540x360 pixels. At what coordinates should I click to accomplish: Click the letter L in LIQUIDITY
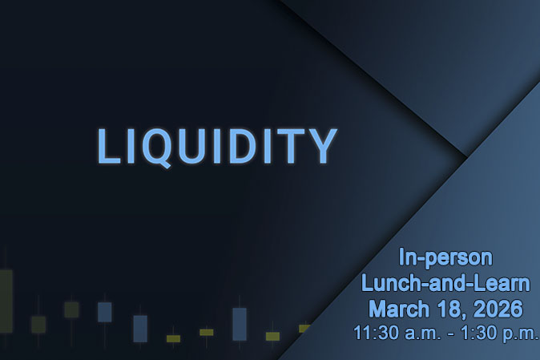point(108,146)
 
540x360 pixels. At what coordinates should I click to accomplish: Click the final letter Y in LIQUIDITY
point(323,146)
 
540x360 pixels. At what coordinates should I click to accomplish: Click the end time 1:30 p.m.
point(501,331)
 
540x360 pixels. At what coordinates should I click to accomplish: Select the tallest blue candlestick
point(239,324)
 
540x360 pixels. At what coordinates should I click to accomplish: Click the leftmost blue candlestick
point(104,312)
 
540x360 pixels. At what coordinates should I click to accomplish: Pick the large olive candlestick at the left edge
point(6,300)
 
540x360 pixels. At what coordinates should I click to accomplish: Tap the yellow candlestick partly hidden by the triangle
point(304,328)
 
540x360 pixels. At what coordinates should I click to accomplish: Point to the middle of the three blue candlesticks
point(140,328)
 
